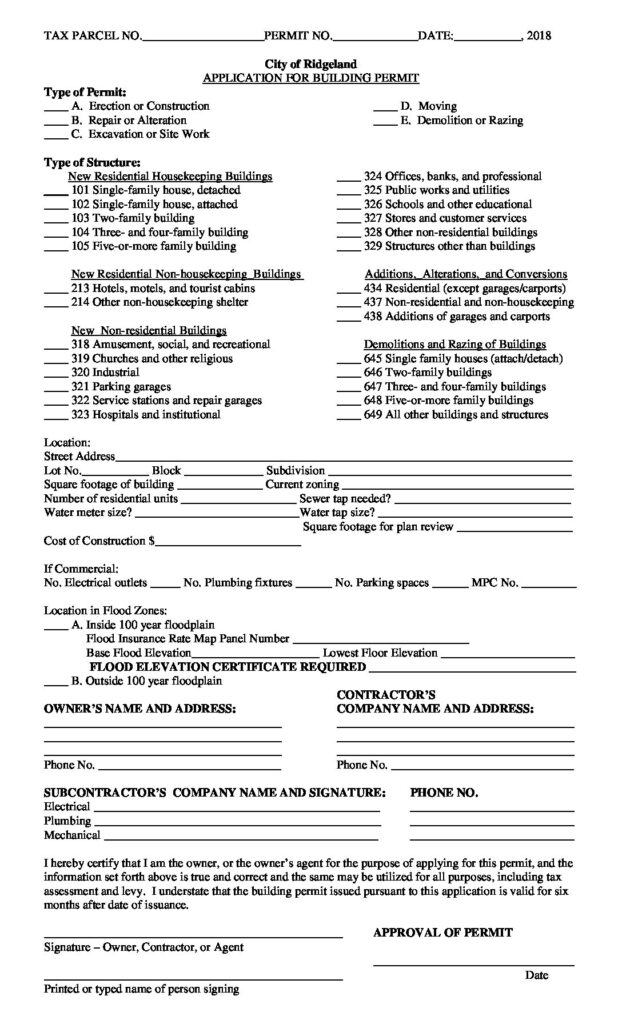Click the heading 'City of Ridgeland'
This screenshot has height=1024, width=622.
311,63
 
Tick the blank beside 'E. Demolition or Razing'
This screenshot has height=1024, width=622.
384,123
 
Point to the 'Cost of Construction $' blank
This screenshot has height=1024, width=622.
229,545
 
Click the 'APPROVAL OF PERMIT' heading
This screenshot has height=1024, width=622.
442,932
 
